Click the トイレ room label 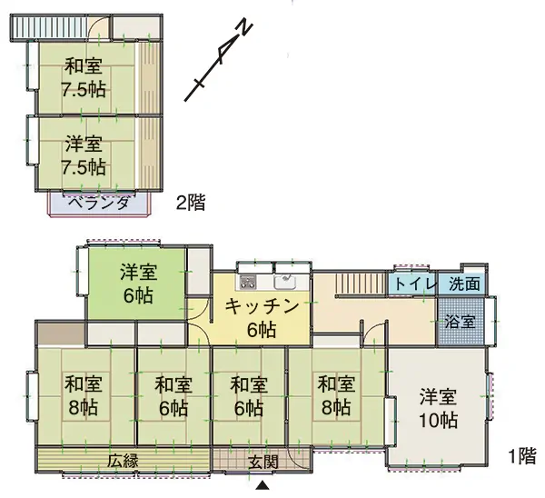tap(414, 284)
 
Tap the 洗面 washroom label tap(464, 284)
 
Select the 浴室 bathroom tap(461, 321)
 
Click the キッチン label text tap(262, 307)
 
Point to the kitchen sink tap(285, 282)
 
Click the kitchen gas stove tap(247, 282)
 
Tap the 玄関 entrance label tap(263, 463)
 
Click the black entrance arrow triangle tap(263, 485)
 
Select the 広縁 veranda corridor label tap(123, 461)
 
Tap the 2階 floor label tap(191, 203)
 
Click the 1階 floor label tap(522, 456)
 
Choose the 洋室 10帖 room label tap(438, 409)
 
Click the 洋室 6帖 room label tap(138, 284)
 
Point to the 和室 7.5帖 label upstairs tap(84, 78)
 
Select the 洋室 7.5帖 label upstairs tap(84, 155)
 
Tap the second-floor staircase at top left tap(49, 27)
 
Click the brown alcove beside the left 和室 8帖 tap(62, 334)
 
